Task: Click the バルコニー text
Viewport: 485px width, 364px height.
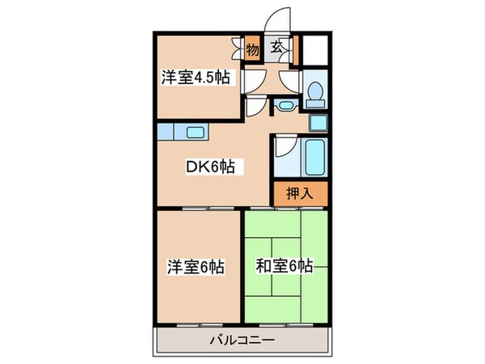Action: [242, 340]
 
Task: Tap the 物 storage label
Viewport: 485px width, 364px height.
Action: [252, 49]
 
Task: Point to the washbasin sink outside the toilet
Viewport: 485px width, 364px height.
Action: [285, 105]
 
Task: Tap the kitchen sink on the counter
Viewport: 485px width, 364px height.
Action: [196, 132]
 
